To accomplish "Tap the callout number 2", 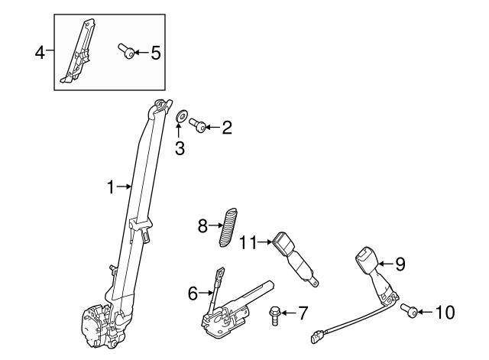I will click(226, 127).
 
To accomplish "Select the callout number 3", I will click(180, 148).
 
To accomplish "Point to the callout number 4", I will click(40, 52).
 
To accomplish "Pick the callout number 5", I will click(155, 53).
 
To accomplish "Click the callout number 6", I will click(192, 291).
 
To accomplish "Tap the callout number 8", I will click(203, 225).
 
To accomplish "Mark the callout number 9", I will click(399, 264).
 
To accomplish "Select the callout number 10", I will click(444, 311).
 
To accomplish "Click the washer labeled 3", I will click(182, 116).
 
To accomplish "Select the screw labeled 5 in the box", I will click(127, 52).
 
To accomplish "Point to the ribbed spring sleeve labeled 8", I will click(227, 226).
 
